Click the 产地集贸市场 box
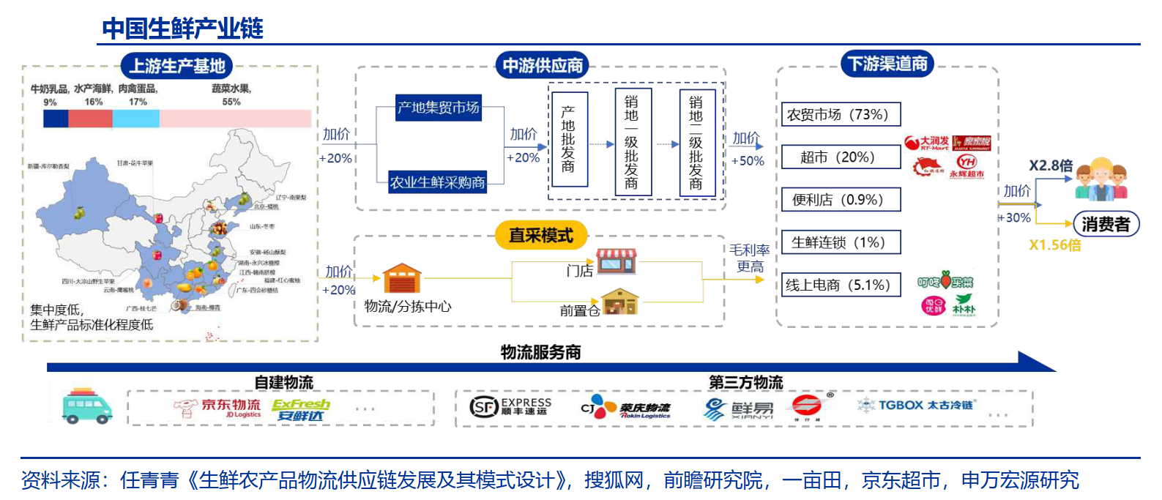point(438,108)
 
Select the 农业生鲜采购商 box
point(438,182)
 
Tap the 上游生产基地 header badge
point(176,66)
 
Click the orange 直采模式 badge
point(541,235)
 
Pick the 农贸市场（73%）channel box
point(841,115)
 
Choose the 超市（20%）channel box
point(841,157)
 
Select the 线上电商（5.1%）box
point(841,285)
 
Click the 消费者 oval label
point(1106,224)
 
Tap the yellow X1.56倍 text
point(1055,245)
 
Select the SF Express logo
point(510,406)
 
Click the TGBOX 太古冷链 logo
point(917,405)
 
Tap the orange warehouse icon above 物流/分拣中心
point(402,279)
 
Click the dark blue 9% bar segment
point(56,119)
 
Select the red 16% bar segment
point(90,119)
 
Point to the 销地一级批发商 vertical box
point(631,142)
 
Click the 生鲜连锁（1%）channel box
point(841,242)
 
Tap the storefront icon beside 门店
point(616,261)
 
